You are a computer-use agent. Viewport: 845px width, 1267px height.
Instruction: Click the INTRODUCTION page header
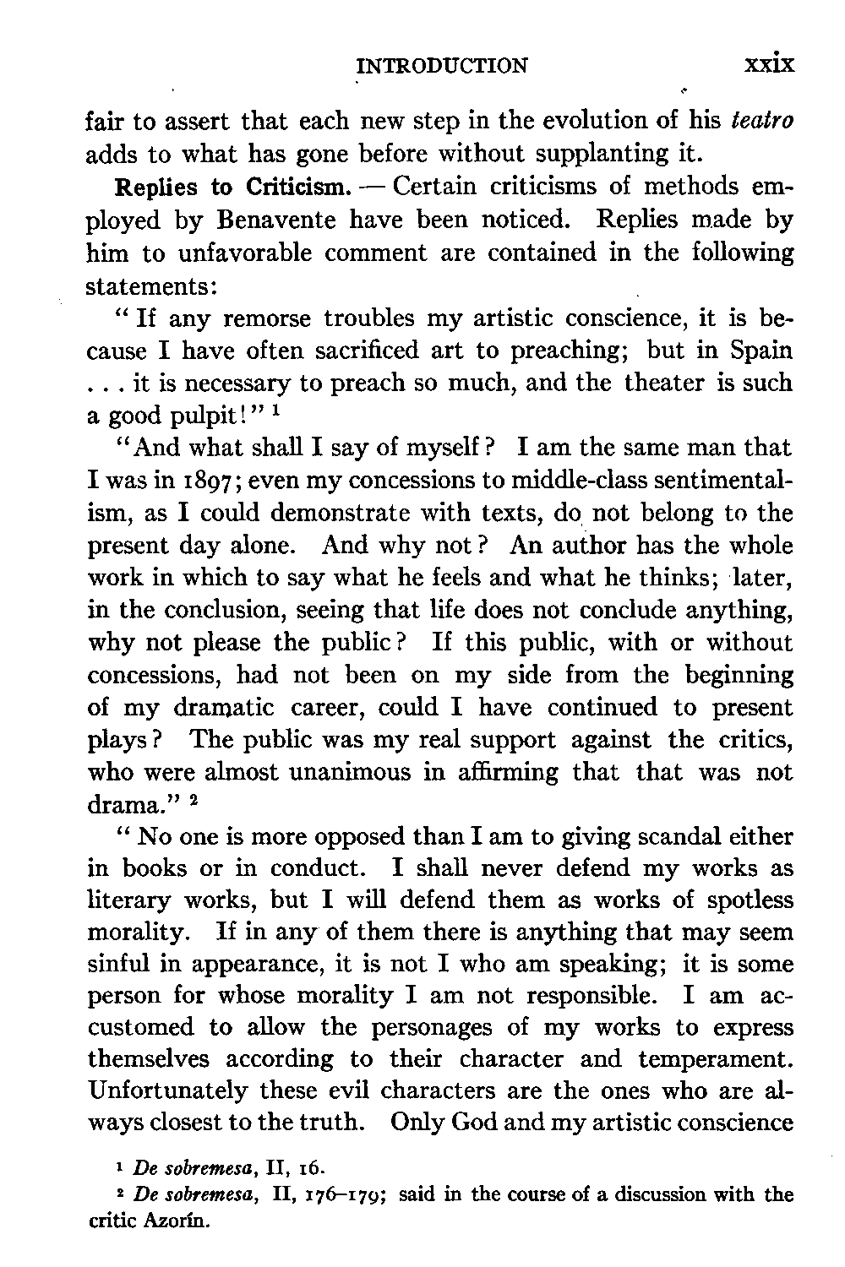442,64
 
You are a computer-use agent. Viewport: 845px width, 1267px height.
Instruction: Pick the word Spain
758,351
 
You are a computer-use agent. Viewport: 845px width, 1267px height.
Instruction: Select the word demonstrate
342,514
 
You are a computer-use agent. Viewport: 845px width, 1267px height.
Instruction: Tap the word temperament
717,1058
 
